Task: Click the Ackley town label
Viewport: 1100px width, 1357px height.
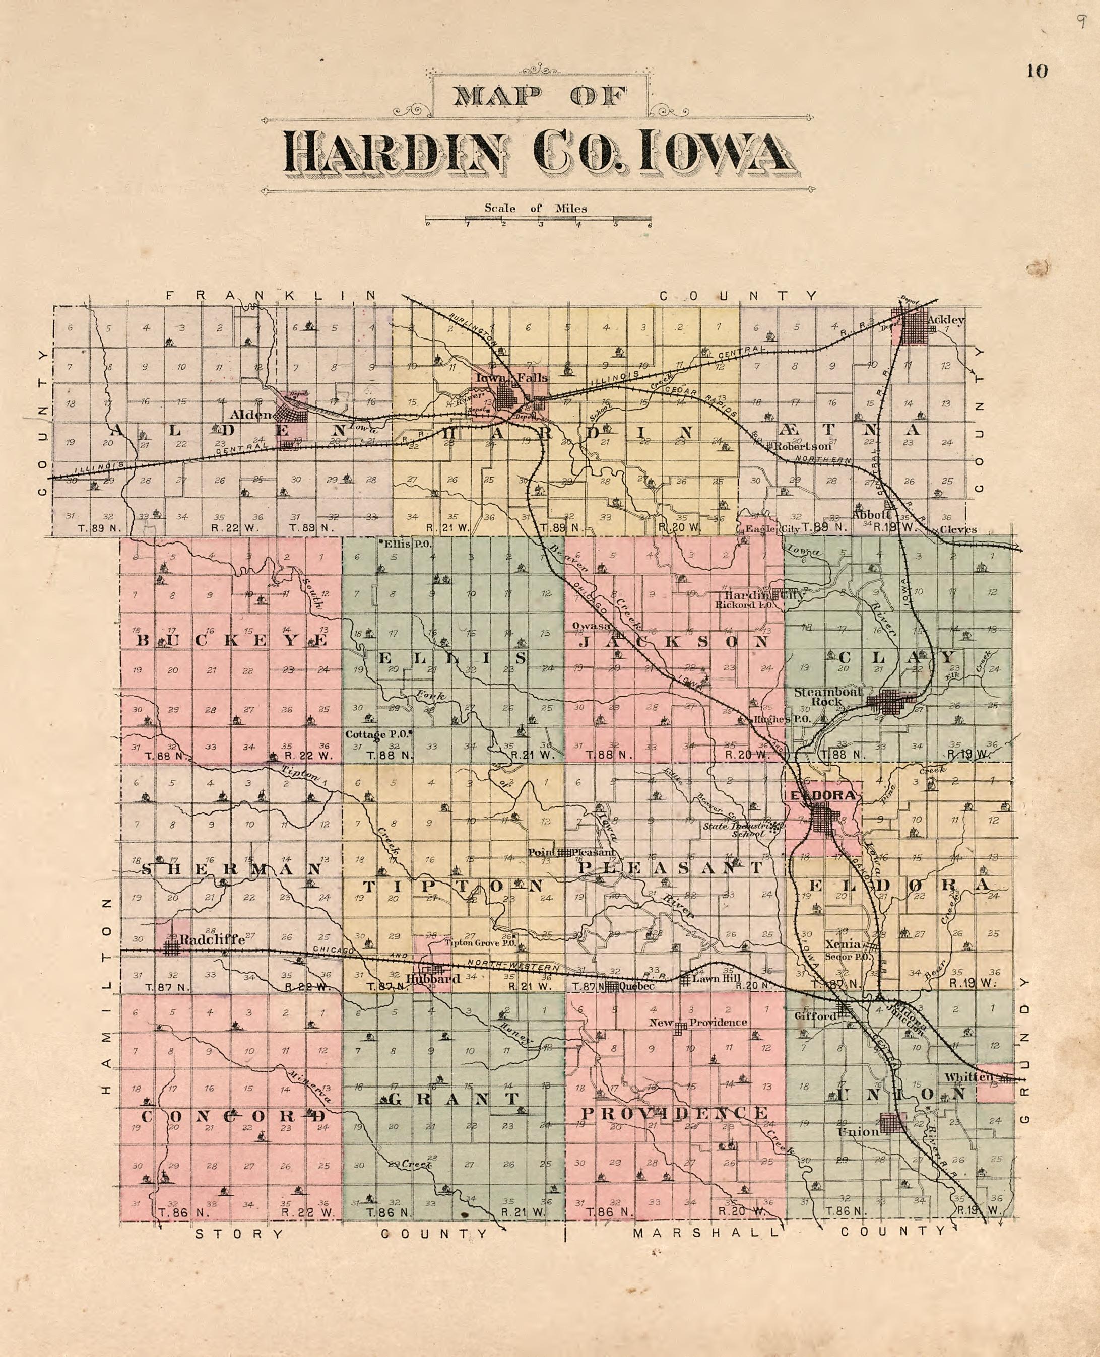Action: tap(945, 320)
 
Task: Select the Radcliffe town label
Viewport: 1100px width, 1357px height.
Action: tap(212, 940)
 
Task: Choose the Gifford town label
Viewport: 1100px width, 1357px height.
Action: tap(815, 1016)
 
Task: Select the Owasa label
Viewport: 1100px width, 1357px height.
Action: tap(591, 626)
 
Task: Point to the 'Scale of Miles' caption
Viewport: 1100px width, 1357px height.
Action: tap(536, 208)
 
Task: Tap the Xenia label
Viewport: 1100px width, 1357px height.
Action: tap(842, 944)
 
